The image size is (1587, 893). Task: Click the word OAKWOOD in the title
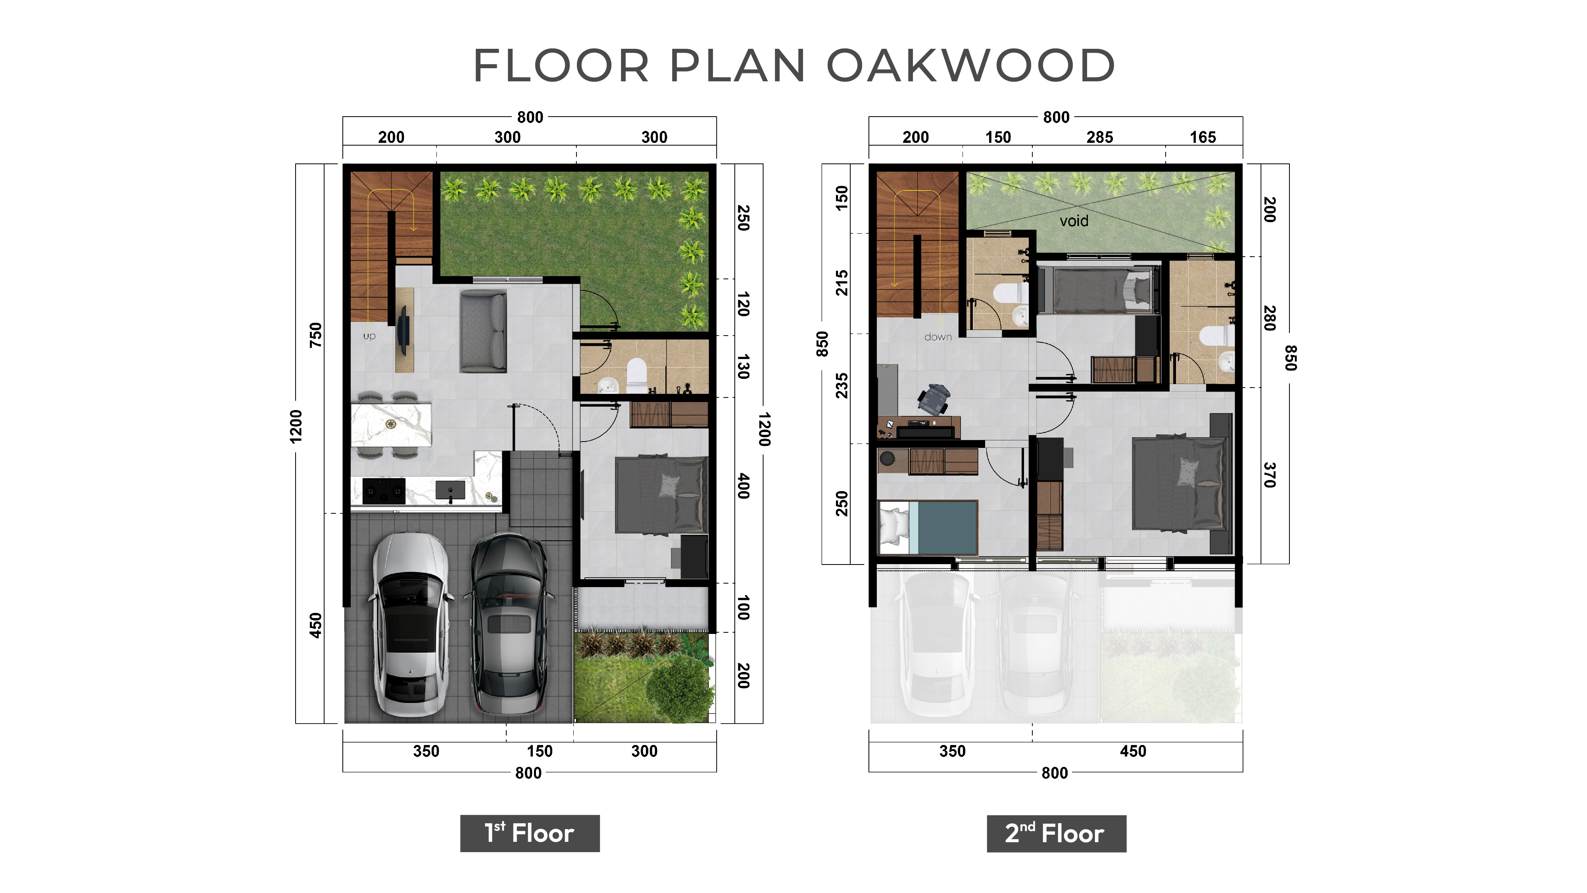click(x=970, y=65)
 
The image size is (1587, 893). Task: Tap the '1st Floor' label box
click(x=530, y=833)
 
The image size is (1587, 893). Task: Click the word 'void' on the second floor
click(x=1074, y=221)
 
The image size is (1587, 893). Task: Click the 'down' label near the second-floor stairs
click(x=938, y=337)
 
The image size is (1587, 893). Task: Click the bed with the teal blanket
click(x=927, y=528)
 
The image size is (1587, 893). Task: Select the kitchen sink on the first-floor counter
click(x=450, y=491)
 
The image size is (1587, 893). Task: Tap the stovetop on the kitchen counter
click(x=384, y=491)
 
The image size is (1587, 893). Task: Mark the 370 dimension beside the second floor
click(x=1269, y=475)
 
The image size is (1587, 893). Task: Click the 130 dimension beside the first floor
click(x=744, y=367)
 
